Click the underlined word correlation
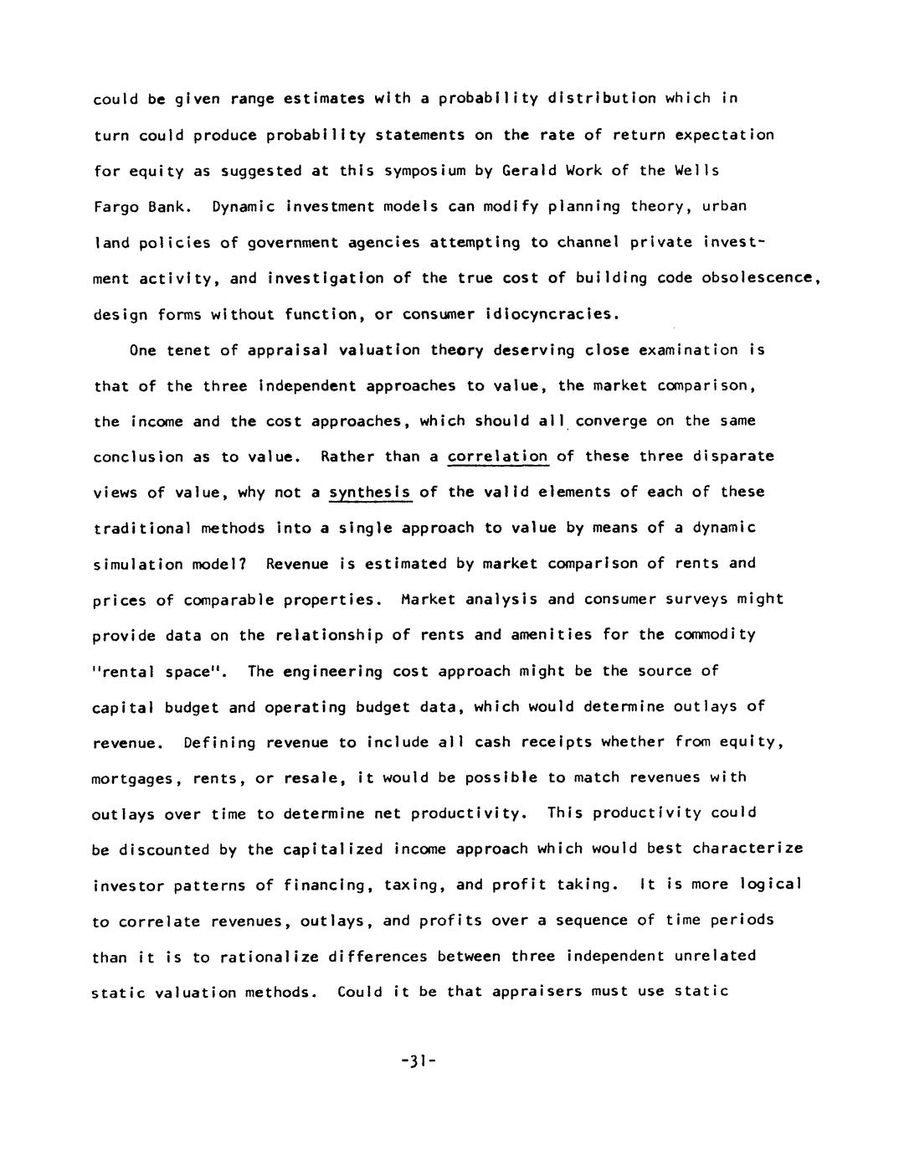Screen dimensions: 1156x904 click(498, 457)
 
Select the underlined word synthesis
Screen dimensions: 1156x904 click(370, 493)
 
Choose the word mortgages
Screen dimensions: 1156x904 click(134, 779)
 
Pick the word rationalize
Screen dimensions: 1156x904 click(261, 957)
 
